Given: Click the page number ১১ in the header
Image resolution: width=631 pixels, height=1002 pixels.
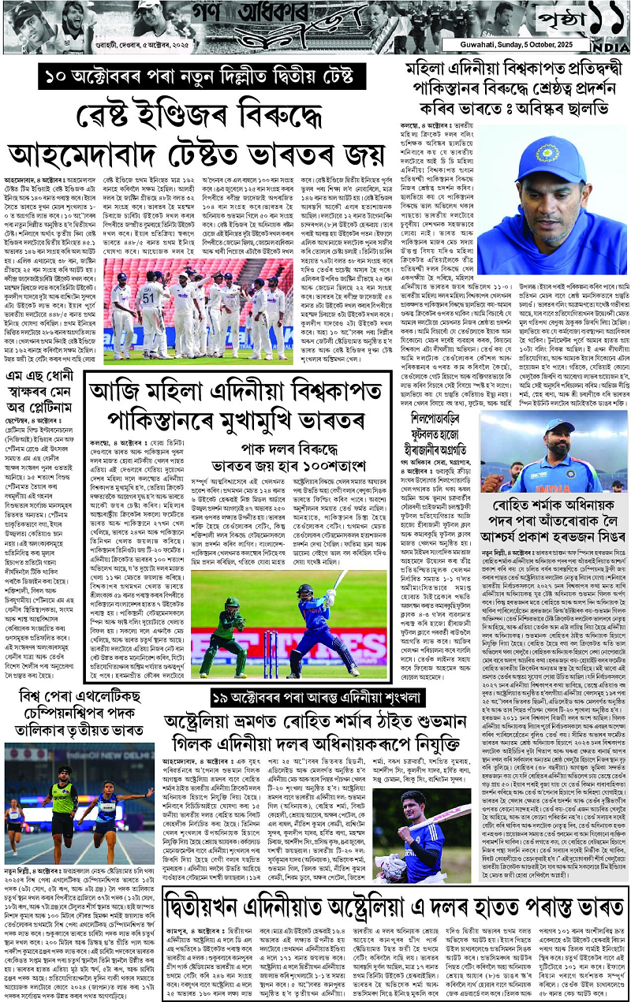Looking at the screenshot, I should point(595,17).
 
